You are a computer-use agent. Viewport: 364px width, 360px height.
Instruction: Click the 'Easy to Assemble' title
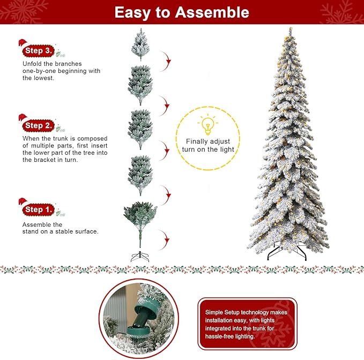coord(182,12)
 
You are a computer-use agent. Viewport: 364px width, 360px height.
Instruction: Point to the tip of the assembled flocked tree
coord(290,29)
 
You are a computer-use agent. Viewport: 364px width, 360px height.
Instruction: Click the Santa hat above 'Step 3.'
coord(23,43)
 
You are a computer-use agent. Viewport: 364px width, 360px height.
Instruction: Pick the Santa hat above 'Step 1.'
coord(23,202)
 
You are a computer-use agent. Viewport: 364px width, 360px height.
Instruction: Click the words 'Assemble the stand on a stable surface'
coord(60,228)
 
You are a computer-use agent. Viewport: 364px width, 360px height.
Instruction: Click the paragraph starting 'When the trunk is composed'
coord(64,149)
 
